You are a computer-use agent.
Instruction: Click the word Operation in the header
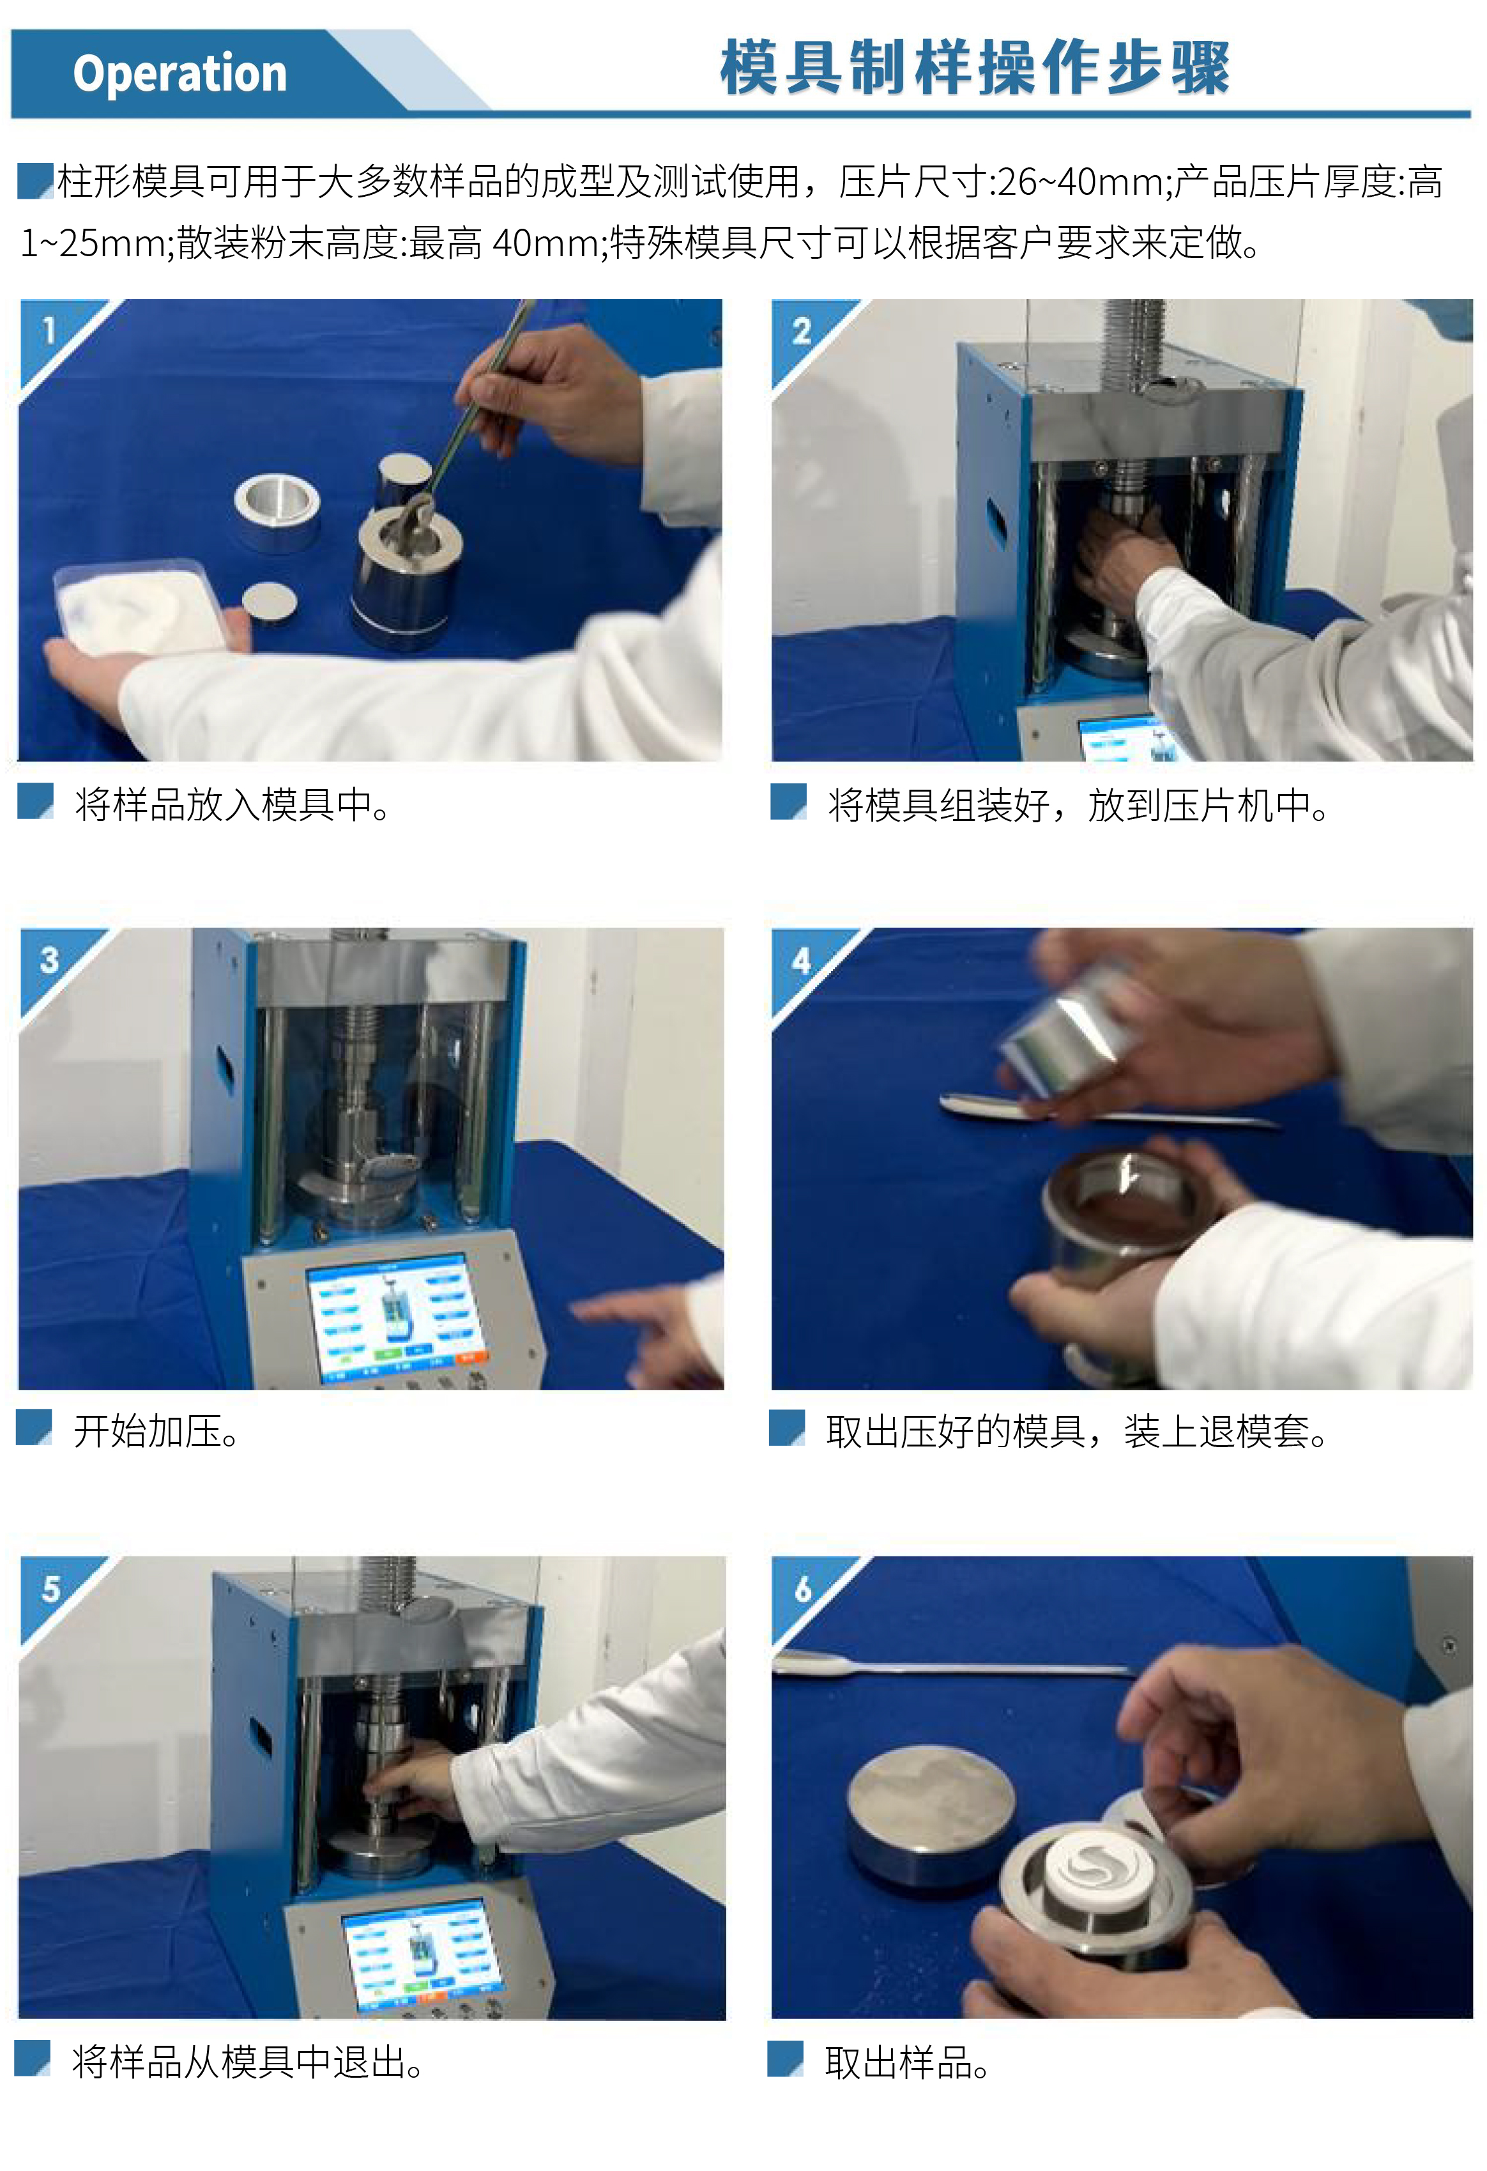[180, 74]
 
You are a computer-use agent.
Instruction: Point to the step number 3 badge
[50, 960]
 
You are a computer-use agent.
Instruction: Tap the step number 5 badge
[50, 1589]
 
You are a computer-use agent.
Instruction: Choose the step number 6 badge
[802, 1589]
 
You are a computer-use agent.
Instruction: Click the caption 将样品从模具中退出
[248, 2062]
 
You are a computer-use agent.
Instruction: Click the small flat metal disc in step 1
[270, 602]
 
